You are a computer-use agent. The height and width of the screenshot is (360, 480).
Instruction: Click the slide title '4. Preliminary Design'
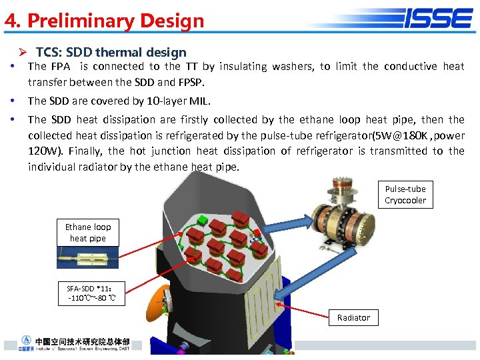tap(105, 21)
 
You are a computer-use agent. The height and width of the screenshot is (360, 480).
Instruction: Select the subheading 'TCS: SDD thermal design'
tap(111, 52)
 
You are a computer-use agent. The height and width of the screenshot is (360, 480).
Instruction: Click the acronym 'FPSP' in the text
tap(189, 82)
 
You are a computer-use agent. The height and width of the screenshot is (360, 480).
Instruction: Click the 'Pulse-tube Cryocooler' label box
tap(405, 195)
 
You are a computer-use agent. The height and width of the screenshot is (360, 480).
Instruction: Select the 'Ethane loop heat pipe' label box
tap(88, 233)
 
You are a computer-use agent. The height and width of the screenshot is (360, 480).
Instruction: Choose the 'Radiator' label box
tap(353, 317)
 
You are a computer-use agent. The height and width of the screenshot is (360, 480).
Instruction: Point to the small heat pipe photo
tap(88, 257)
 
